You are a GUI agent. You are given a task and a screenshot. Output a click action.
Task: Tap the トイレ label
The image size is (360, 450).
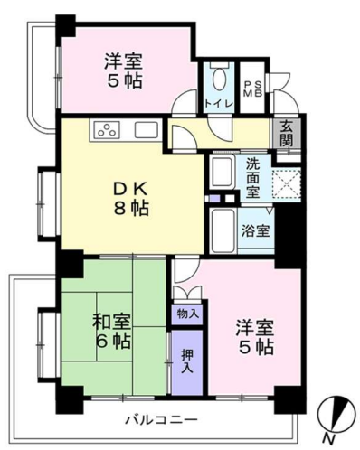click(x=219, y=103)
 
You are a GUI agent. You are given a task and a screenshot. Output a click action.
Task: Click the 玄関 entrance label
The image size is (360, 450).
click(x=286, y=133)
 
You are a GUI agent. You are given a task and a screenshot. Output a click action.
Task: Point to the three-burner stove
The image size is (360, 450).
click(x=105, y=130)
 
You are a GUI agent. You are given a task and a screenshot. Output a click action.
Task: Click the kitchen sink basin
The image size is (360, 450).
click(x=146, y=130)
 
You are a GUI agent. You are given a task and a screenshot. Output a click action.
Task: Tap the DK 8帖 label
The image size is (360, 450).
click(x=130, y=199)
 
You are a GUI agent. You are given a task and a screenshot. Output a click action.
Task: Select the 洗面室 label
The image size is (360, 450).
click(x=253, y=178)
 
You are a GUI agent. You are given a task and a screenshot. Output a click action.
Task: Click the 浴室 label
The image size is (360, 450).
click(x=255, y=230)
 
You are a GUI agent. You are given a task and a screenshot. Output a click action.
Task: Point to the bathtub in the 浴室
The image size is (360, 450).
click(x=223, y=230)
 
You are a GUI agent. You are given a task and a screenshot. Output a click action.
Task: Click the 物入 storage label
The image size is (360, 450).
click(x=187, y=314)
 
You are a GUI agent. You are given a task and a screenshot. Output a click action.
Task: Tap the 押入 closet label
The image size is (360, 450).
click(x=187, y=361)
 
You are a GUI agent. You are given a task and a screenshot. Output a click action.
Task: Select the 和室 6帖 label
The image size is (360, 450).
click(x=112, y=331)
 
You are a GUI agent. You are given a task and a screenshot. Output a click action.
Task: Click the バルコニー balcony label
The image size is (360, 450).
click(x=162, y=419)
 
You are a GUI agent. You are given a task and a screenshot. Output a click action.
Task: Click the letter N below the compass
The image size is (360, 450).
click(x=329, y=440)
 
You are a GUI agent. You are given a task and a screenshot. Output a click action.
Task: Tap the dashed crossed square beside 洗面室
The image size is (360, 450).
click(x=287, y=183)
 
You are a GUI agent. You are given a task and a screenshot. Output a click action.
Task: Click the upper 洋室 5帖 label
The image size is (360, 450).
click(x=123, y=70)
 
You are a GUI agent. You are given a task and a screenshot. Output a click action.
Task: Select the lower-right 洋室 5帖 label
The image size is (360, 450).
click(x=255, y=338)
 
